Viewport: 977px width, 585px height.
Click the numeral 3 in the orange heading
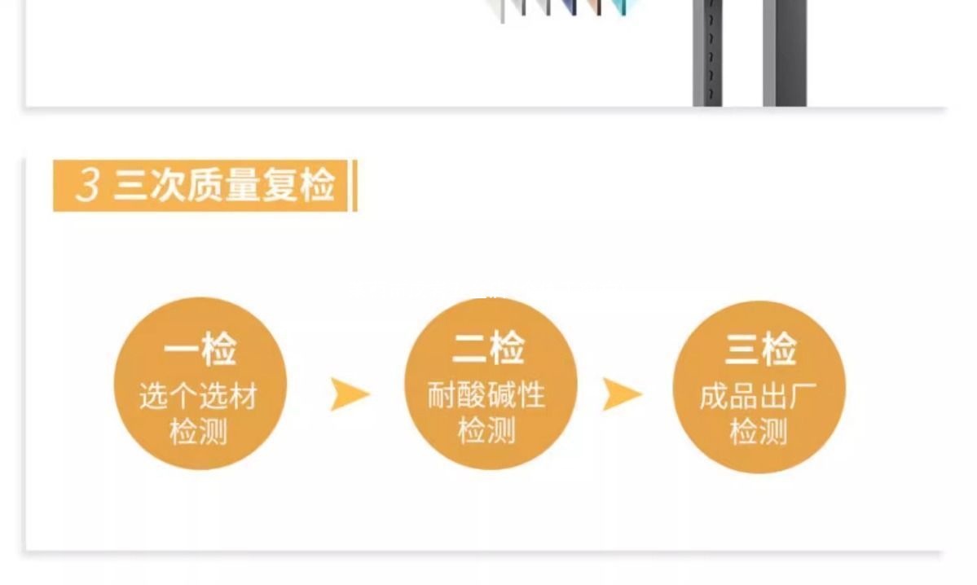coord(87,186)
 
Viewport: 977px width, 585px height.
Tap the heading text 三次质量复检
coord(224,186)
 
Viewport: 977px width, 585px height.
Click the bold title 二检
coord(490,348)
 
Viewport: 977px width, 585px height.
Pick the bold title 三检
coord(760,349)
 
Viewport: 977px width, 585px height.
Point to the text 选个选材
coord(198,396)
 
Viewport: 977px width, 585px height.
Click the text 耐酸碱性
coord(486,396)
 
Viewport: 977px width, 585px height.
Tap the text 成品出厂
coord(759,396)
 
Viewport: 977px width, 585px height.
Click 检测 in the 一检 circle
coord(198,432)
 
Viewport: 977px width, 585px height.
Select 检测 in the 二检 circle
coord(486,431)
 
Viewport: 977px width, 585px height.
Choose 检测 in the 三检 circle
coord(759,432)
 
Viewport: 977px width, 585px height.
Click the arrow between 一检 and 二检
coord(350,395)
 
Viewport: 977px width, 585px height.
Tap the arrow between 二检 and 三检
coord(622,395)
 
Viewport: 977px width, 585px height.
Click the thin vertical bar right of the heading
coord(354,186)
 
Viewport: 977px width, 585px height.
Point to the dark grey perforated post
coord(706,53)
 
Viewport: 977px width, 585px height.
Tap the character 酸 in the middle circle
coord(471,396)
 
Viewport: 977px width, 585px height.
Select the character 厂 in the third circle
coord(803,396)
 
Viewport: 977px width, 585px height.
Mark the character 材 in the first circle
coord(243,396)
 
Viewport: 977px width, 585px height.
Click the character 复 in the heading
coord(279,186)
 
